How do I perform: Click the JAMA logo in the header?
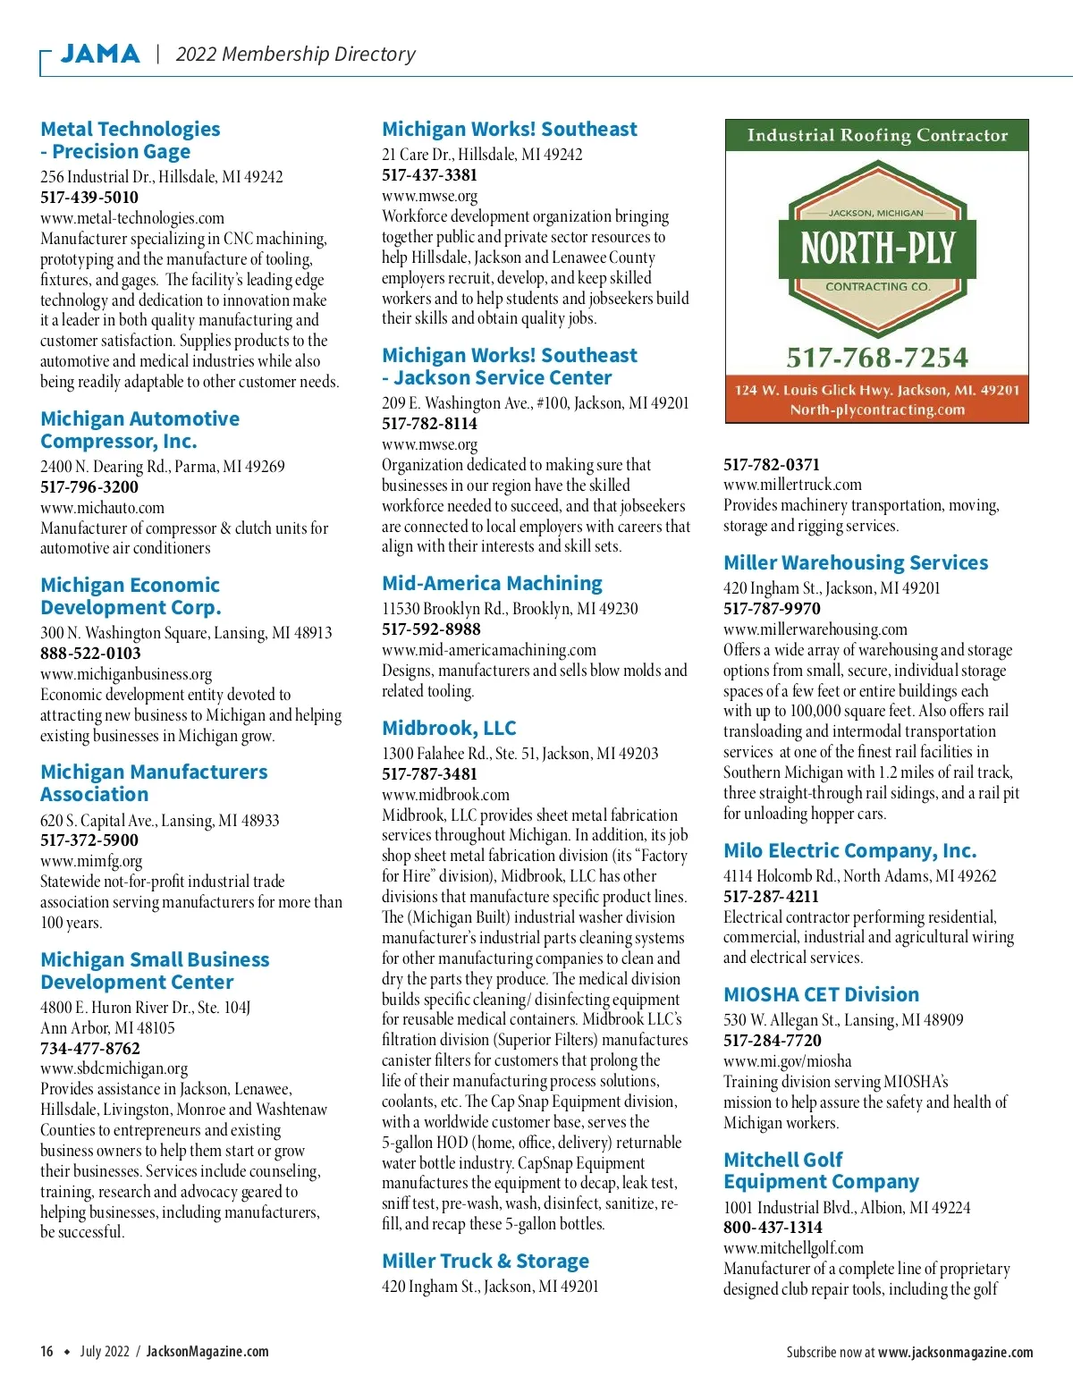tap(100, 54)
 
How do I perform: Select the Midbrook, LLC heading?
tap(449, 728)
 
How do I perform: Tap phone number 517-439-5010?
tap(89, 197)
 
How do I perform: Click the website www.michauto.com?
tap(102, 508)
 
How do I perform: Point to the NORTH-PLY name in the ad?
tap(877, 249)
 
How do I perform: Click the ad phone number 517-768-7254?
tap(877, 358)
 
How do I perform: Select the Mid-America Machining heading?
tap(492, 583)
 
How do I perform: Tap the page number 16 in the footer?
tap(46, 1351)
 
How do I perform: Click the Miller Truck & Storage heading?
tap(486, 1261)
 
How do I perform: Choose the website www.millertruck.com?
tap(792, 485)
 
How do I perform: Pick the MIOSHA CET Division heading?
tap(821, 994)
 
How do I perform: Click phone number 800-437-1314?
tap(773, 1227)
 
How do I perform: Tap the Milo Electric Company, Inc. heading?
tap(849, 850)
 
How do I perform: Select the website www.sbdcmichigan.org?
tap(114, 1068)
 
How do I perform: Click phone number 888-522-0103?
tap(90, 653)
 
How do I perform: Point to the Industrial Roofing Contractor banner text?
tap(877, 135)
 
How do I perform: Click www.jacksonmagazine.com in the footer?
tap(955, 1352)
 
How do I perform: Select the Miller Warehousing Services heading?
tap(856, 562)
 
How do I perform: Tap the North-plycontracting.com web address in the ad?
tap(877, 409)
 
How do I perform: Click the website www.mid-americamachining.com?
tap(489, 650)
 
